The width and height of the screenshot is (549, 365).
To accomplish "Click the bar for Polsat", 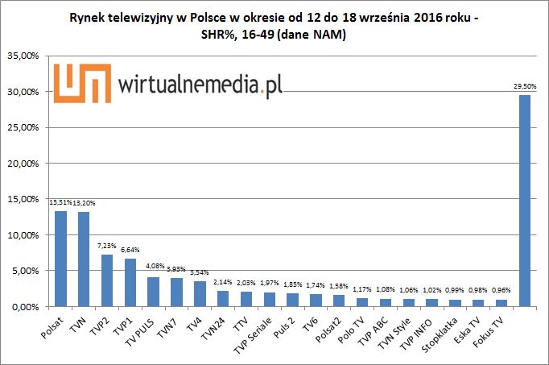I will [60, 259].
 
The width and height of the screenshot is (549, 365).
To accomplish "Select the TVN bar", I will [84, 259].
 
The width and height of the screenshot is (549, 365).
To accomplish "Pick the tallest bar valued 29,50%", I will [525, 201].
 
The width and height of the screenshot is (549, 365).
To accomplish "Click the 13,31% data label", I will [60, 205].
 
